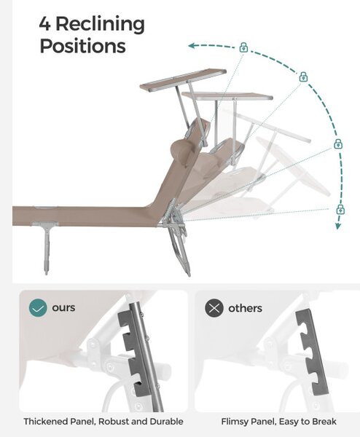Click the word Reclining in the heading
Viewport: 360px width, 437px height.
pos(101,25)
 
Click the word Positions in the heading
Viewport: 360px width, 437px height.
pos(83,46)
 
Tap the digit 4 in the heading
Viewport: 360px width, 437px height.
pos(44,23)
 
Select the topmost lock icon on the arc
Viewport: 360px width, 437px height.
pos(243,47)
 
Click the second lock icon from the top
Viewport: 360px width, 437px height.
pos(303,76)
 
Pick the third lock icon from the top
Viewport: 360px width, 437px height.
pos(338,143)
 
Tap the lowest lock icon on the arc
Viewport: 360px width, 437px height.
pos(340,209)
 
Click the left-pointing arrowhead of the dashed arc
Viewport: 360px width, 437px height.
pos(191,46)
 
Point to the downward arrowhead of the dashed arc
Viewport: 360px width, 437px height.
pos(338,226)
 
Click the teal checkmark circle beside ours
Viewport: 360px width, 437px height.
pos(38,308)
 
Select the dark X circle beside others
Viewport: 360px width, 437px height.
pos(214,308)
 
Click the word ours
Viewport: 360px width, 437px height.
pos(63,308)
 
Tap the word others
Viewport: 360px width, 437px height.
pos(245,308)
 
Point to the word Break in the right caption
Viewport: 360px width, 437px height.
pos(324,422)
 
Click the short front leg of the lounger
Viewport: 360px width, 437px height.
pos(46,248)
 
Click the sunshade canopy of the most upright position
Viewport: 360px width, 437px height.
pos(183,80)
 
